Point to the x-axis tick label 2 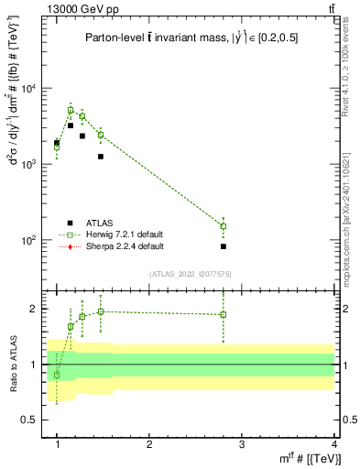(x=149, y=442)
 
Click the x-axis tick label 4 (x=333, y=442)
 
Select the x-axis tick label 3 (x=242, y=442)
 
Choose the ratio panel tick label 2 (x=35, y=309)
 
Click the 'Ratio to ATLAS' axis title (x=13, y=364)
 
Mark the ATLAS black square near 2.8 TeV (x=224, y=246)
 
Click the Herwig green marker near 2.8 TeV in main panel (x=224, y=226)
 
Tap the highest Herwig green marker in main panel (x=71, y=110)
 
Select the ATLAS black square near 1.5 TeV (x=101, y=157)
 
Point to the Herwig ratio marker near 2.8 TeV (x=224, y=314)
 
